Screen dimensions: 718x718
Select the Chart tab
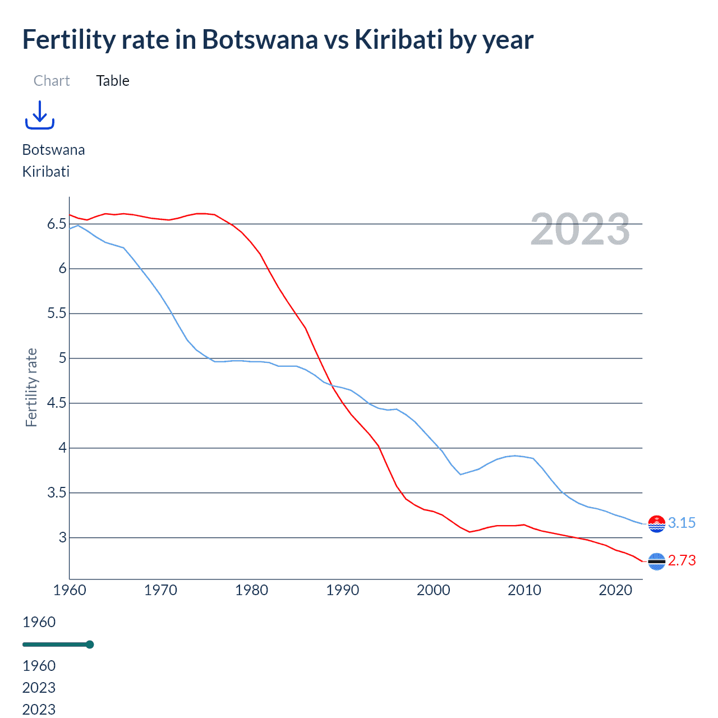coord(52,81)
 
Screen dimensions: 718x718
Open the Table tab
coord(113,81)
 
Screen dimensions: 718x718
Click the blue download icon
coord(39,115)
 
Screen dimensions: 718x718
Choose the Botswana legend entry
coord(53,150)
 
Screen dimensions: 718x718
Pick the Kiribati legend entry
coord(46,172)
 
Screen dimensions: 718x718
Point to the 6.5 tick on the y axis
coord(57,224)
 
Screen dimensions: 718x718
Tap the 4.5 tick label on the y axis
coord(57,403)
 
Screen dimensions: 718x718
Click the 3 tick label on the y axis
coord(62,538)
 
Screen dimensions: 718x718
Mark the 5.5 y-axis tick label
coord(57,314)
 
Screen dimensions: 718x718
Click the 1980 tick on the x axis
coord(251,590)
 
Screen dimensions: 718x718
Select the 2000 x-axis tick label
coord(433,590)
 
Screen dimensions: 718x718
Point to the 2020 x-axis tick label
coord(615,590)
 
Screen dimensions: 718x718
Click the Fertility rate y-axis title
coord(31,388)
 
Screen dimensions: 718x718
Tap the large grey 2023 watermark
coord(580,229)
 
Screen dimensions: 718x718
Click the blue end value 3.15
coord(682,523)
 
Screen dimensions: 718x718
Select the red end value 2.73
coord(682,560)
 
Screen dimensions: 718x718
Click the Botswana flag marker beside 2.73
coord(656,561)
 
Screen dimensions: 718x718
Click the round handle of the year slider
coord(90,645)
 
